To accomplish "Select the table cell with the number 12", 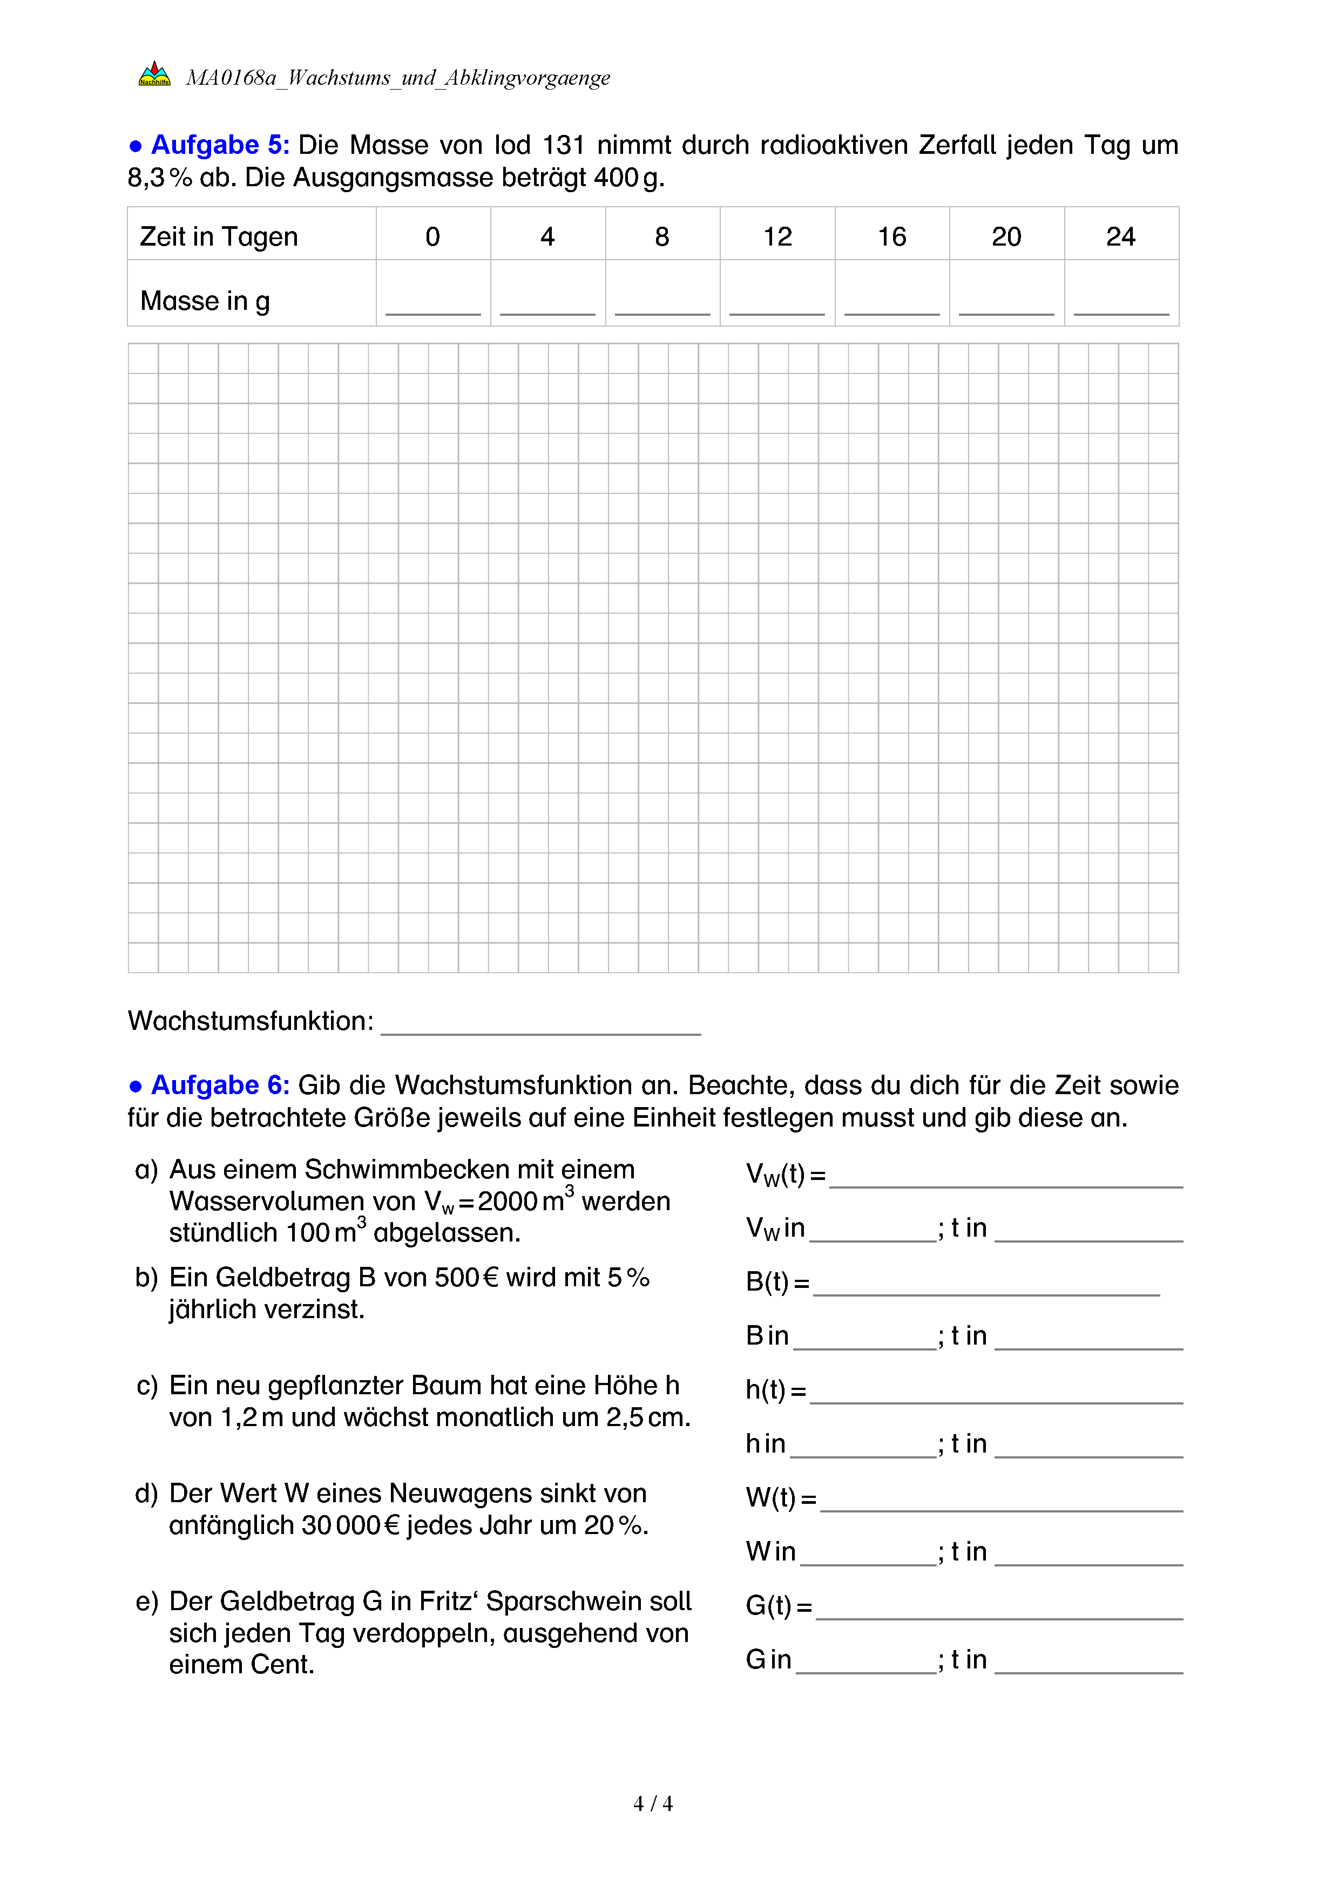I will [777, 236].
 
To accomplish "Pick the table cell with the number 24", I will [1120, 236].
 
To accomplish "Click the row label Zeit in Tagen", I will [219, 236].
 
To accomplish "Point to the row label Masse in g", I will [205, 301].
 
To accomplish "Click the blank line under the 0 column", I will [433, 311].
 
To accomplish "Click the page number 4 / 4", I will [652, 1804].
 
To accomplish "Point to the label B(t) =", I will [777, 1282].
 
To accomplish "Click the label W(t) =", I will [780, 1498].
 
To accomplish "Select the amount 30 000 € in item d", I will [349, 1525].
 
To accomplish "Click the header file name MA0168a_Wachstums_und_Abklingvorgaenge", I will [397, 78].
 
